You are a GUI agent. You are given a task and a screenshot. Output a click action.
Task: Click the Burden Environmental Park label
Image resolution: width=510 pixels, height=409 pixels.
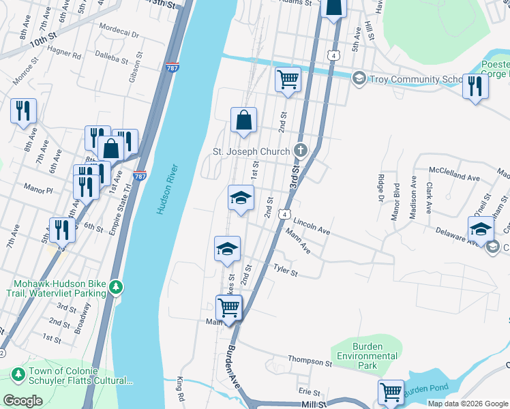[366, 356]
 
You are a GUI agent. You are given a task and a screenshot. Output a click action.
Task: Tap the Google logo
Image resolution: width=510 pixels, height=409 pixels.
[23, 401]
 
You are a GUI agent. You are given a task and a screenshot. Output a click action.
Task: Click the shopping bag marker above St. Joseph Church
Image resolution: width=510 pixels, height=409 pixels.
[243, 121]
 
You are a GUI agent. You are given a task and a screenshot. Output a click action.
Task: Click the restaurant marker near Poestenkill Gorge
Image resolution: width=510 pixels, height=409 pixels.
[475, 86]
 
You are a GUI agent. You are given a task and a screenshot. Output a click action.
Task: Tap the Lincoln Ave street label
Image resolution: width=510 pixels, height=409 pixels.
[312, 227]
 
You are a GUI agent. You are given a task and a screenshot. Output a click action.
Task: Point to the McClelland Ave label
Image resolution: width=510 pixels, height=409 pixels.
[453, 174]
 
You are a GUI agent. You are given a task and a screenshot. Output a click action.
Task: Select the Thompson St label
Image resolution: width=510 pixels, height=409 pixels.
[310, 361]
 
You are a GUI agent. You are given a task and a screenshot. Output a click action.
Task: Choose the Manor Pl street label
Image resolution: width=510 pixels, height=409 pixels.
[38, 187]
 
